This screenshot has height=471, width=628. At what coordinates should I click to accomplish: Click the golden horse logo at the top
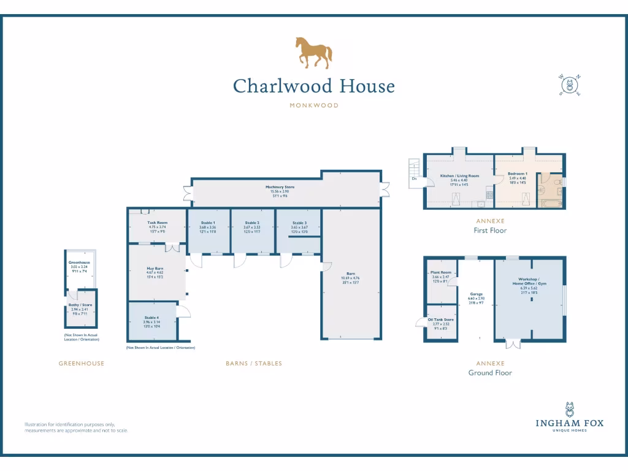pyautogui.click(x=313, y=52)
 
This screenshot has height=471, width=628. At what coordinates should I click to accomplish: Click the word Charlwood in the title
pyautogui.click(x=274, y=86)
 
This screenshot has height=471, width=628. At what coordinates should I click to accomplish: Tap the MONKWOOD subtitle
pyautogui.click(x=313, y=105)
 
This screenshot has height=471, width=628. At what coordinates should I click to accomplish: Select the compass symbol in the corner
pyautogui.click(x=570, y=85)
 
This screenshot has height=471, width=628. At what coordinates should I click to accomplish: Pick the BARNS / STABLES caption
pyautogui.click(x=254, y=364)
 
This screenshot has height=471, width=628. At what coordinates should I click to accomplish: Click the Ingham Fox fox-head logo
pyautogui.click(x=570, y=409)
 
